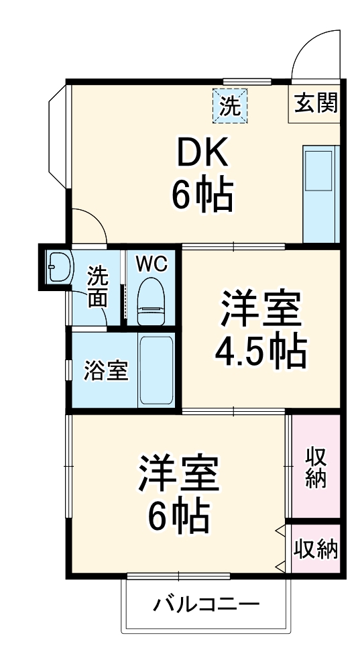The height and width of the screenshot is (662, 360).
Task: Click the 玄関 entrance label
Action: [314, 104]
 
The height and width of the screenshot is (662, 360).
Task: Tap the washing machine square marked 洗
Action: [230, 105]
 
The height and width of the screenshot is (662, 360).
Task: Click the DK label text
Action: [202, 156]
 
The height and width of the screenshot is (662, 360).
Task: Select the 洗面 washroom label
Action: [98, 286]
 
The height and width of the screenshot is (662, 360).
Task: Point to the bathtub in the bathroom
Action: [156, 370]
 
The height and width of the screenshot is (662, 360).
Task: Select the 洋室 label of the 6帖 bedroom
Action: [178, 475]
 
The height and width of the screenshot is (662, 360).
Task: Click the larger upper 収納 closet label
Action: [316, 467]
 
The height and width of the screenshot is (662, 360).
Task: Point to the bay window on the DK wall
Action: [56, 137]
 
